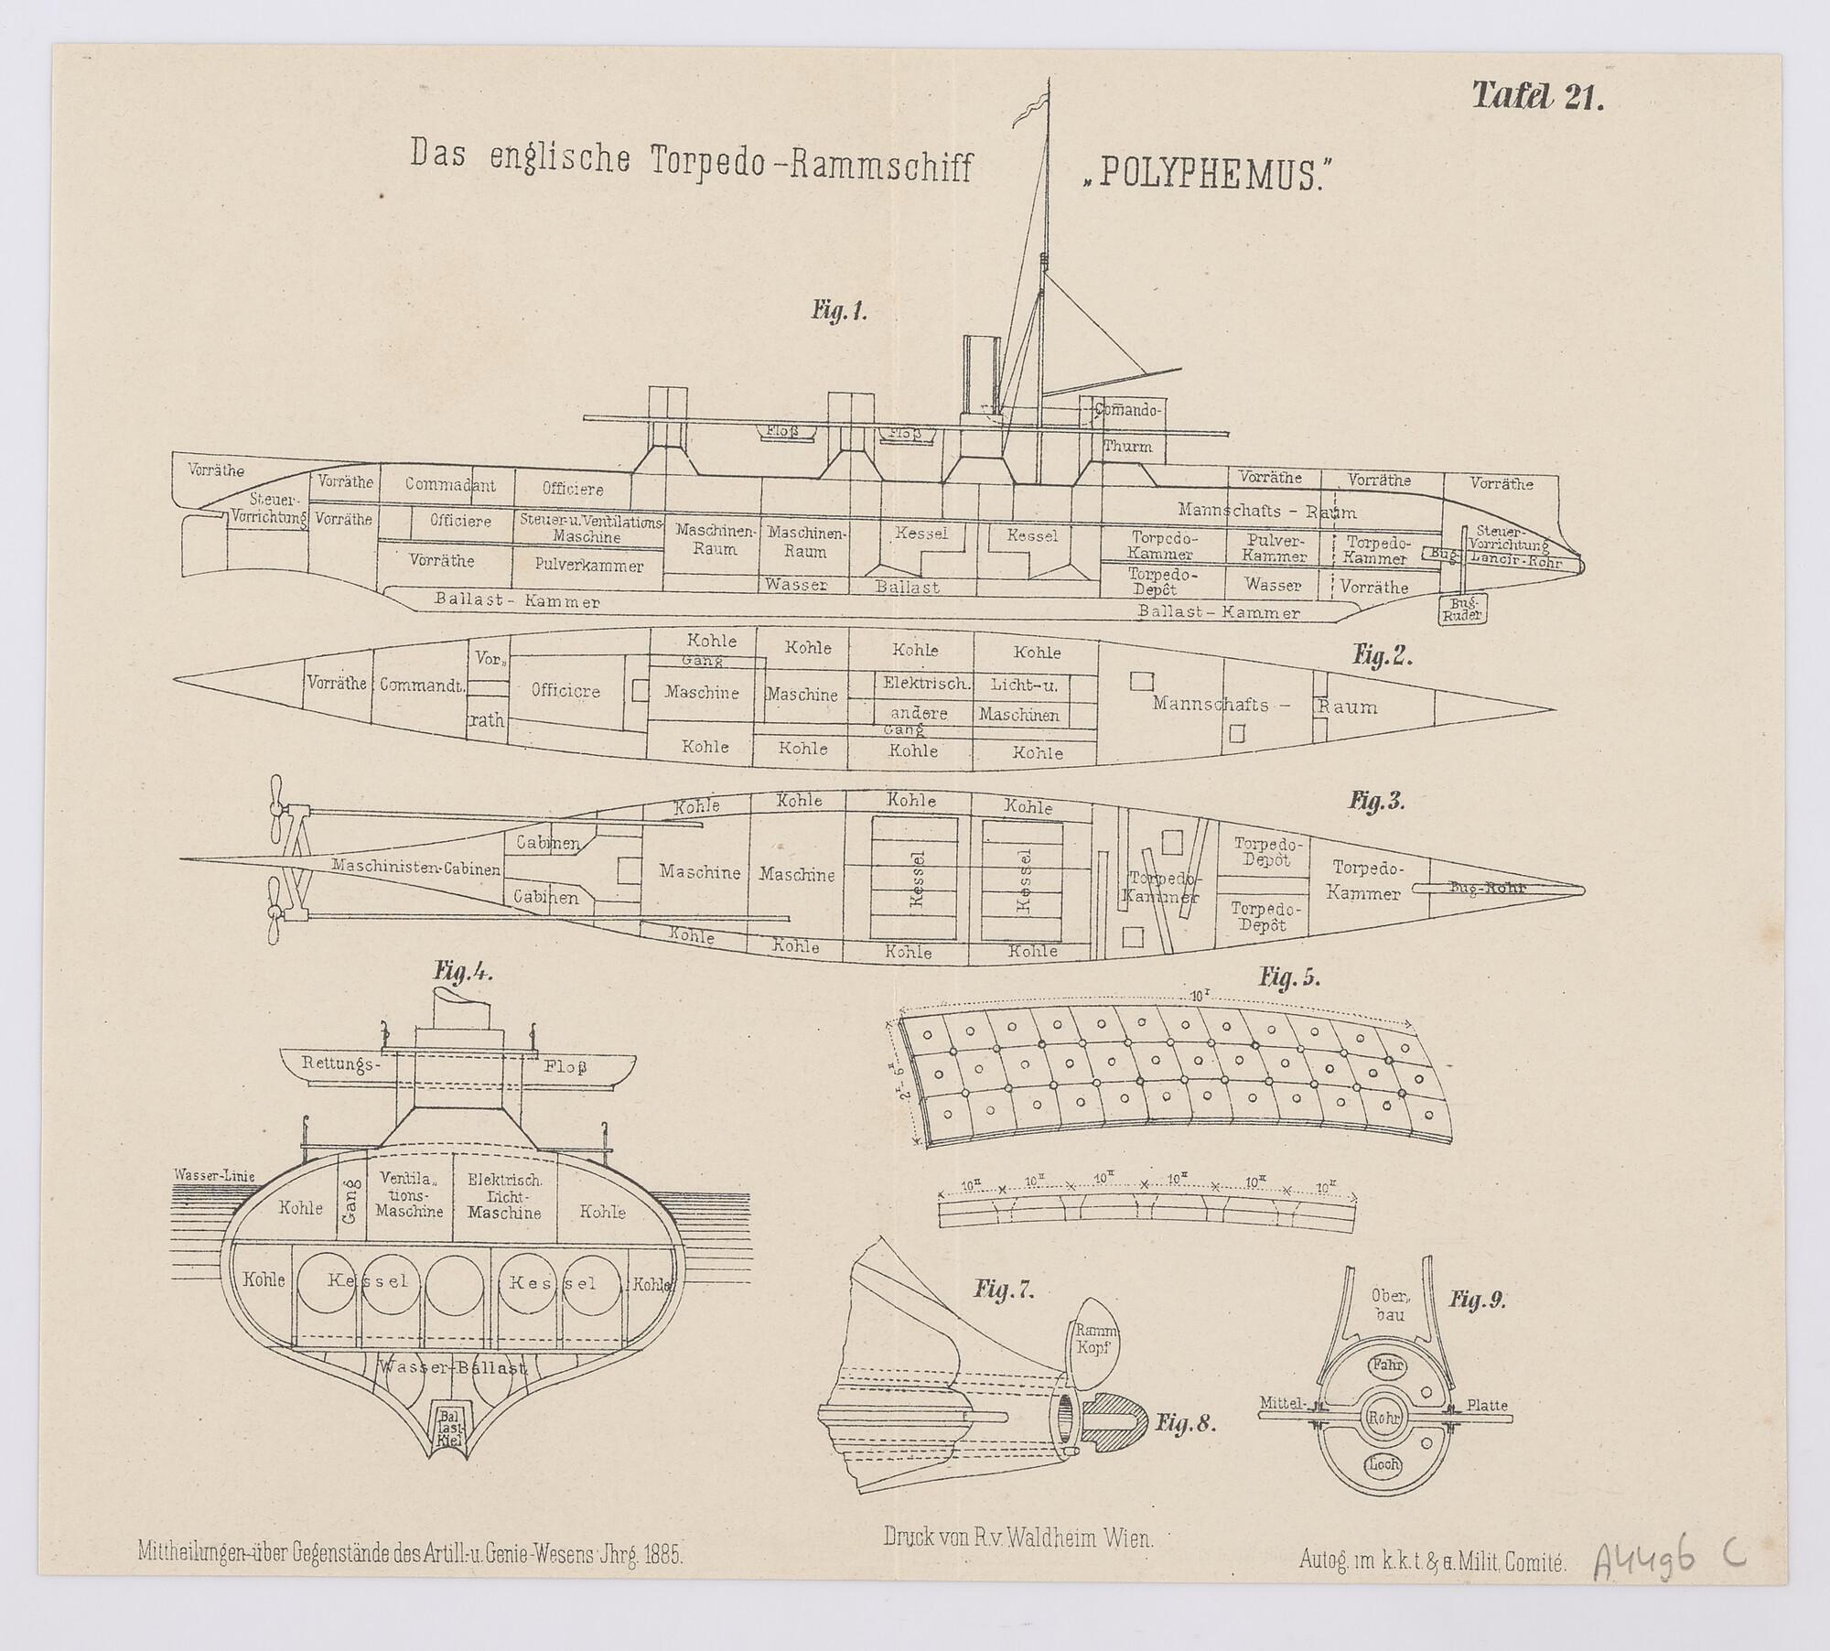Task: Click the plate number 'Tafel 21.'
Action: coord(1537,97)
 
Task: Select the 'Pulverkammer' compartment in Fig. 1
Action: coord(588,566)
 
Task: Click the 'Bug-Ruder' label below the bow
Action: coord(1463,610)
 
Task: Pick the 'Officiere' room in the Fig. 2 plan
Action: coord(565,690)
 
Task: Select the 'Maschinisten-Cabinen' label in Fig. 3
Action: coord(416,868)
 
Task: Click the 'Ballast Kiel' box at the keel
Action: coord(450,1426)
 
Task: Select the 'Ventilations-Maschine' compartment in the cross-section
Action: coord(409,1195)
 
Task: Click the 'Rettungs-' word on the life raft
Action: coord(339,1064)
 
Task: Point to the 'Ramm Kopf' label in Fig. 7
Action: coord(1094,1341)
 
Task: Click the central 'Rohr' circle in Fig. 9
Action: coord(1384,1443)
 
